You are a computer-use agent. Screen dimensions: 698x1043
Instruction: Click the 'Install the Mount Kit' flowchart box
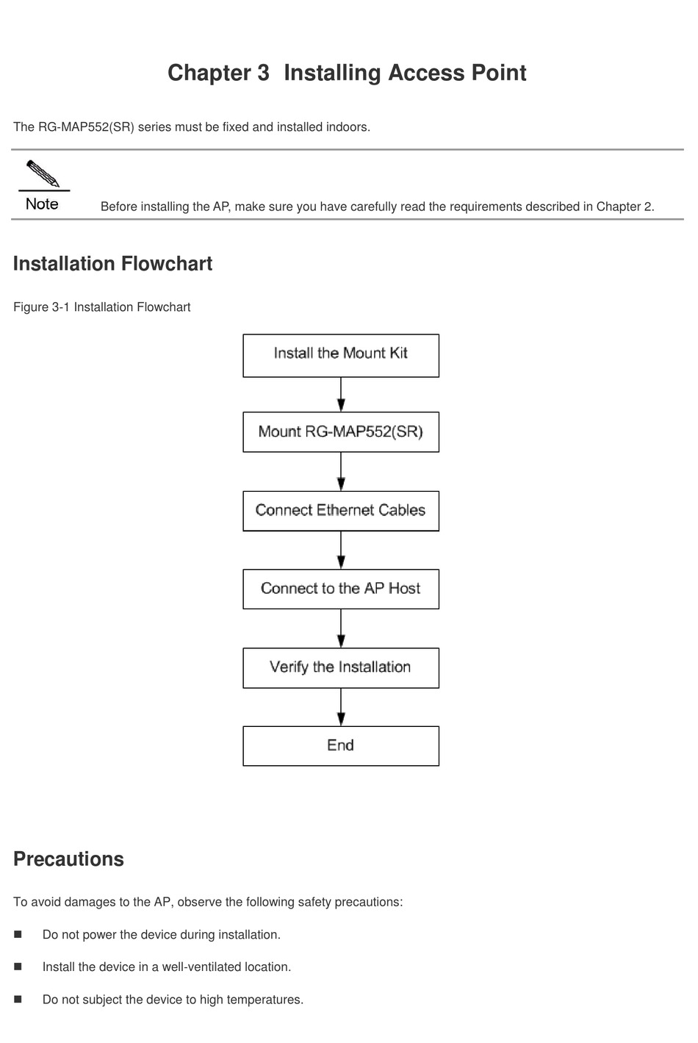[x=341, y=355]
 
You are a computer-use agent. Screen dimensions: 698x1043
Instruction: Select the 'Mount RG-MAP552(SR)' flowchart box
[x=341, y=431]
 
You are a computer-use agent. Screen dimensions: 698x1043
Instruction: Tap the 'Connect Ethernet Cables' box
[x=341, y=511]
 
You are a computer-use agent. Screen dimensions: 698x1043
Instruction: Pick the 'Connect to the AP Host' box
[x=341, y=589]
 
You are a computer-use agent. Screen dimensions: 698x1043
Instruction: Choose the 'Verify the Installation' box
[x=341, y=667]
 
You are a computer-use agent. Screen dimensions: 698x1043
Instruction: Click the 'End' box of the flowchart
[x=341, y=745]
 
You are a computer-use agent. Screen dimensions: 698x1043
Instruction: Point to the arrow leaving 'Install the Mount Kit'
[x=341, y=395]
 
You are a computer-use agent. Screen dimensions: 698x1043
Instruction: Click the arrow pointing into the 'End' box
[x=341, y=707]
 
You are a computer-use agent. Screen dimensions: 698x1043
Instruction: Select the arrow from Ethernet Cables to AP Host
[x=341, y=551]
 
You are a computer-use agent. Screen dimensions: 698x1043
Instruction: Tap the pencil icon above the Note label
[x=43, y=173]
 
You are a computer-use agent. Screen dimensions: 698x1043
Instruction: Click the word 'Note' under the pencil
[x=42, y=204]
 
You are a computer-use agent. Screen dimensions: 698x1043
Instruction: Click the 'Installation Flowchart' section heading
[x=112, y=264]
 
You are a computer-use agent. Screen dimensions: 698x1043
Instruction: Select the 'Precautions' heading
[x=68, y=859]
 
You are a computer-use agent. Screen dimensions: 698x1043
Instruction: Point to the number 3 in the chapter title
[x=263, y=73]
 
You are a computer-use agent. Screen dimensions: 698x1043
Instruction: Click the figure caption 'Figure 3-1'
[x=41, y=307]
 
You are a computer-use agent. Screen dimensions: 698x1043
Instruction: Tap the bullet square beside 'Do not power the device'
[x=18, y=934]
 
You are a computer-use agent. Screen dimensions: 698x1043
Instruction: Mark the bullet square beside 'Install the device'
[x=18, y=967]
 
